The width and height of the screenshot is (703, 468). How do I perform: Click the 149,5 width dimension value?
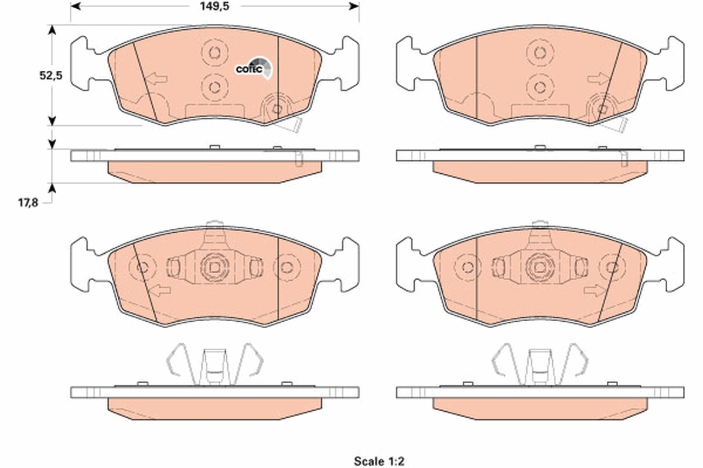point(214,6)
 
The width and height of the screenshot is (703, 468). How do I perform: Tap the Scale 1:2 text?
point(379,461)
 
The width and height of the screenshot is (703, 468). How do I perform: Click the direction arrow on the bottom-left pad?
point(157,290)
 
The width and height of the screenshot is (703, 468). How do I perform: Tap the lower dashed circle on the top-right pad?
point(539,87)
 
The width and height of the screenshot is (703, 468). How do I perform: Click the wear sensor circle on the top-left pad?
point(277,109)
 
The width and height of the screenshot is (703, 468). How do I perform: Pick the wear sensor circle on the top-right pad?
point(602,109)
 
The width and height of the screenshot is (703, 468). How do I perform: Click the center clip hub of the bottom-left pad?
point(214,267)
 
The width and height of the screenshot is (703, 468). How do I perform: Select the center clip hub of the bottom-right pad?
point(539,267)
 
